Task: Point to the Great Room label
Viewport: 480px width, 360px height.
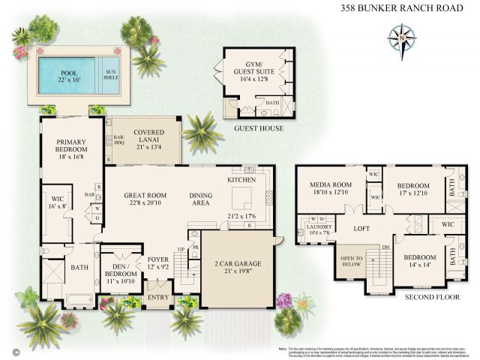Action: pos(144,199)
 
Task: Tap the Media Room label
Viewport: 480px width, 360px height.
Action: pos(331,189)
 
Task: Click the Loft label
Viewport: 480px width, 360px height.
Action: pos(363,227)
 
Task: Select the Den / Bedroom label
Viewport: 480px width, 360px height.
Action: pos(120,270)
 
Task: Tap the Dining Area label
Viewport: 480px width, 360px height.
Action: pos(205,199)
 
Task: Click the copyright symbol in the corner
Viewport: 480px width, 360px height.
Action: pos(14,350)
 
